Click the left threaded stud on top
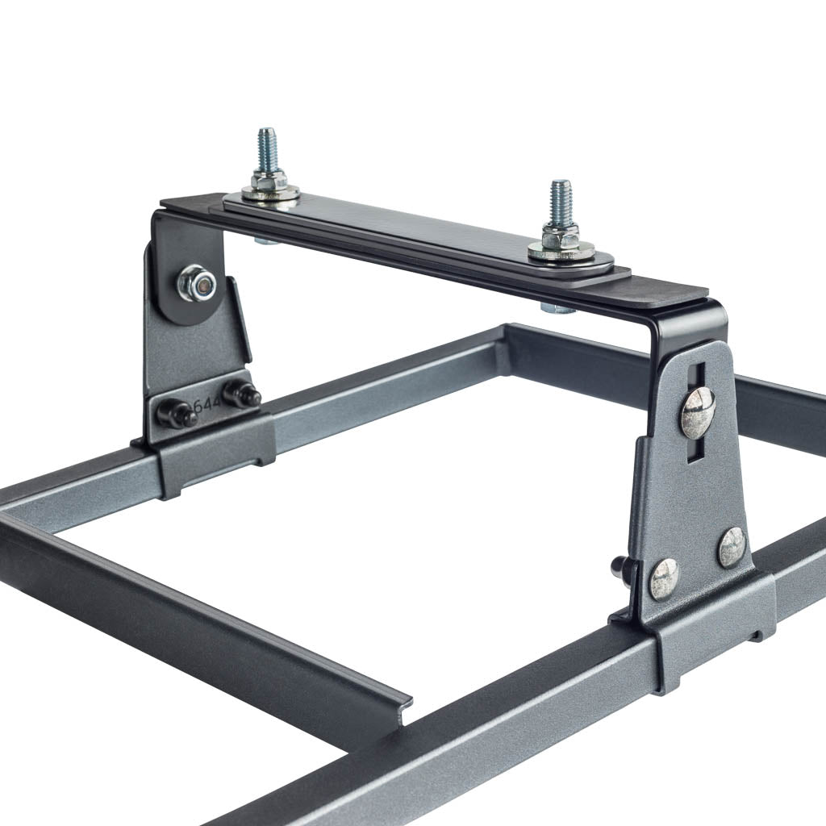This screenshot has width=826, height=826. pyautogui.click(x=266, y=149)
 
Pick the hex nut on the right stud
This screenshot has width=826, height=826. pyautogui.click(x=561, y=236)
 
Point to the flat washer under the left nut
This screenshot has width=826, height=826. pyautogui.click(x=270, y=194)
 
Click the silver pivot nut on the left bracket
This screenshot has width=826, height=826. pyautogui.click(x=196, y=283)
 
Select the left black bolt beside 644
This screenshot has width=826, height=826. pyautogui.click(x=177, y=414)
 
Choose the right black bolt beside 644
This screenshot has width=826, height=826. pyautogui.click(x=240, y=394)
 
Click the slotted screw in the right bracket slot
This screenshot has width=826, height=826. pyautogui.click(x=698, y=412)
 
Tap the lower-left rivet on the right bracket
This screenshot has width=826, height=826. pyautogui.click(x=663, y=579)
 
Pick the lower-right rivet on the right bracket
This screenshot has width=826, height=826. pyautogui.click(x=732, y=547)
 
